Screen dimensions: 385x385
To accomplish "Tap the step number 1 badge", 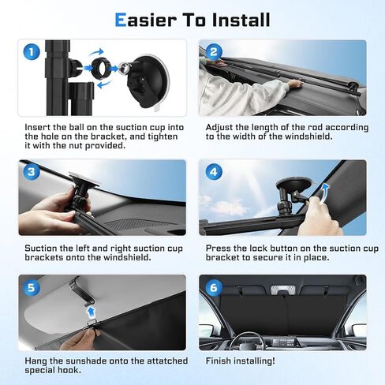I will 30,54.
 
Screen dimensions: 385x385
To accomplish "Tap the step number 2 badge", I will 214,54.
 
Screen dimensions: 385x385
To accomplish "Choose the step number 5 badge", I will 30,288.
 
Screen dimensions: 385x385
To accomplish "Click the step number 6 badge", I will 214,288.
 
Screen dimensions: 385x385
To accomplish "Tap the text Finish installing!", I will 241,361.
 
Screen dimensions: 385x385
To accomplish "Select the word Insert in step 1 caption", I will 37,125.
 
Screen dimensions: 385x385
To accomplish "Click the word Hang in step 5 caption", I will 35,361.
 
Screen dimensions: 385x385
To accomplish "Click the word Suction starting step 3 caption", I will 42,247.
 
